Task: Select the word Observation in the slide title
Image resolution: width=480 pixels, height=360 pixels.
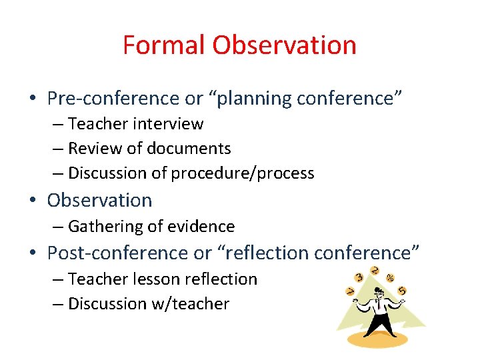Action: click(x=285, y=45)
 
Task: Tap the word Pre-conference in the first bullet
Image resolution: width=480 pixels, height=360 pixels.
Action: click(x=114, y=99)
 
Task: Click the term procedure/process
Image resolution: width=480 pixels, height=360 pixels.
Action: click(x=243, y=173)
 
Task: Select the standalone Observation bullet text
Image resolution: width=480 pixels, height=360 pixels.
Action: click(x=99, y=200)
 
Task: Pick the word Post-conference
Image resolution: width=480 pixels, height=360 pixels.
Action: click(x=119, y=253)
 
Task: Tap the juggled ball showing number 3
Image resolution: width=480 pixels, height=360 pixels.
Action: click(x=359, y=277)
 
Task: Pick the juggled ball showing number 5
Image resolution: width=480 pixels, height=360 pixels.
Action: click(x=402, y=291)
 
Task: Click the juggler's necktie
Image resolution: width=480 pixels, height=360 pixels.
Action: click(x=377, y=305)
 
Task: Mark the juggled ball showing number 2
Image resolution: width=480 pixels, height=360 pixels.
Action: click(x=375, y=271)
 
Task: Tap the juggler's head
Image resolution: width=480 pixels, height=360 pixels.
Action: click(x=378, y=292)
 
